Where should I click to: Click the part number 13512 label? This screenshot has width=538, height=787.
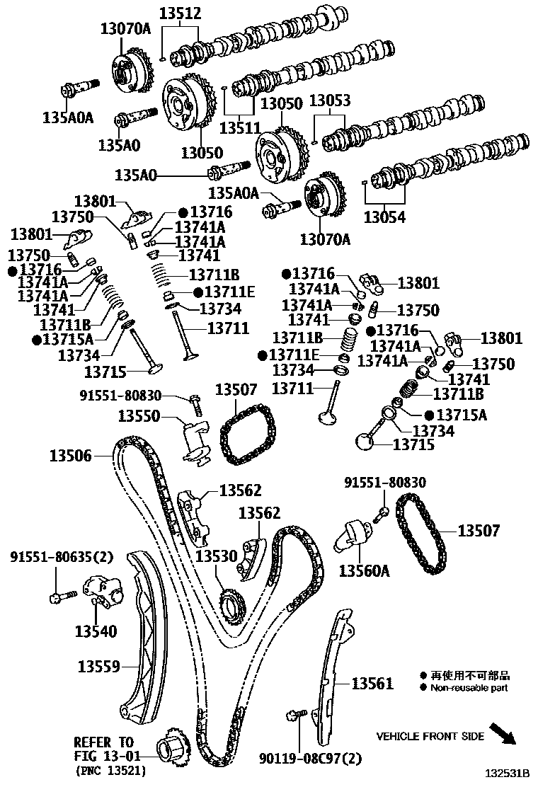click(181, 13)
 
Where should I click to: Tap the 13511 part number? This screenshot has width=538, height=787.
click(241, 128)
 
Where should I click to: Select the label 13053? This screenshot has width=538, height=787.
click(330, 100)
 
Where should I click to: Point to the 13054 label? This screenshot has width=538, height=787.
click(384, 217)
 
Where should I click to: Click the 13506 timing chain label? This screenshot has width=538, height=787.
click(71, 456)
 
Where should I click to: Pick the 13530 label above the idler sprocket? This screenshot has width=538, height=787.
click(217, 556)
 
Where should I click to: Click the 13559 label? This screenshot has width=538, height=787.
click(99, 667)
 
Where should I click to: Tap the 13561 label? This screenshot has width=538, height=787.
click(372, 683)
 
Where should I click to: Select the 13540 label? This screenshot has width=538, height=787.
click(96, 631)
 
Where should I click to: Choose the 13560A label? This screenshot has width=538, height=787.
click(365, 570)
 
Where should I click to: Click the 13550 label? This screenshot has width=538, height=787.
click(139, 415)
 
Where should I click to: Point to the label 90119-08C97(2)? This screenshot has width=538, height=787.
click(310, 758)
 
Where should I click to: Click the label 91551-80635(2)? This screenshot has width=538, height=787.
click(62, 556)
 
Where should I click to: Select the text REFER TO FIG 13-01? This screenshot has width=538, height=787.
click(104, 748)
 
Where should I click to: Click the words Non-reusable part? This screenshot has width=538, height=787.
click(469, 688)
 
